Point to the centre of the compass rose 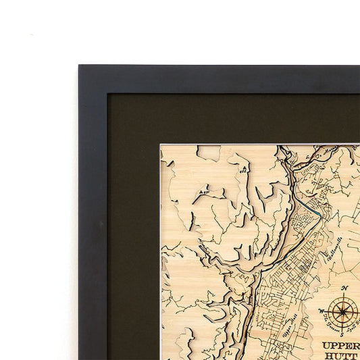(x=344, y=311)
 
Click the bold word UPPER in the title (x=340, y=345)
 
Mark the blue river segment (x=311, y=207)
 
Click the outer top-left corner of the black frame (x=79, y=66)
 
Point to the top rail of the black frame (x=223, y=78)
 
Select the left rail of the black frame (x=93, y=223)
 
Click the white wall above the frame (x=203, y=30)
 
